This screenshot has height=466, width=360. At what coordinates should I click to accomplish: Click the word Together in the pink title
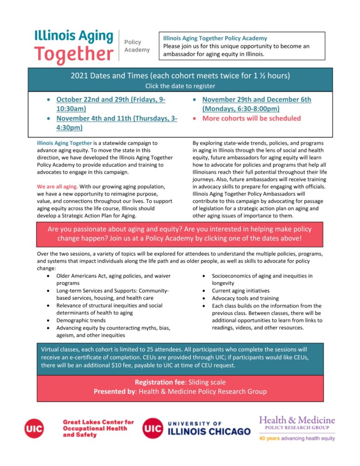73,54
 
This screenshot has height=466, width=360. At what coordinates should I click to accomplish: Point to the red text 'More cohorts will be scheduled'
252,118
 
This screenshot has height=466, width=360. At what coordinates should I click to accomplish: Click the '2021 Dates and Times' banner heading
180,76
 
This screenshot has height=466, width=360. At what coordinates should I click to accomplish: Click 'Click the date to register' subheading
180,86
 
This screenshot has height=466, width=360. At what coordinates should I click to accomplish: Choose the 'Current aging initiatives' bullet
240,290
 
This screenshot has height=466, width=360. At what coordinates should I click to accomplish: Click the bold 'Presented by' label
114,391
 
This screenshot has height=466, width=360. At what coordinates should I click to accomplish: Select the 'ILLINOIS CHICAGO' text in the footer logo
209,431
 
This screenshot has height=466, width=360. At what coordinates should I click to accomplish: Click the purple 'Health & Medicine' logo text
297,420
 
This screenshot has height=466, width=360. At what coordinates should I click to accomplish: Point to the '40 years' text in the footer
269,439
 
